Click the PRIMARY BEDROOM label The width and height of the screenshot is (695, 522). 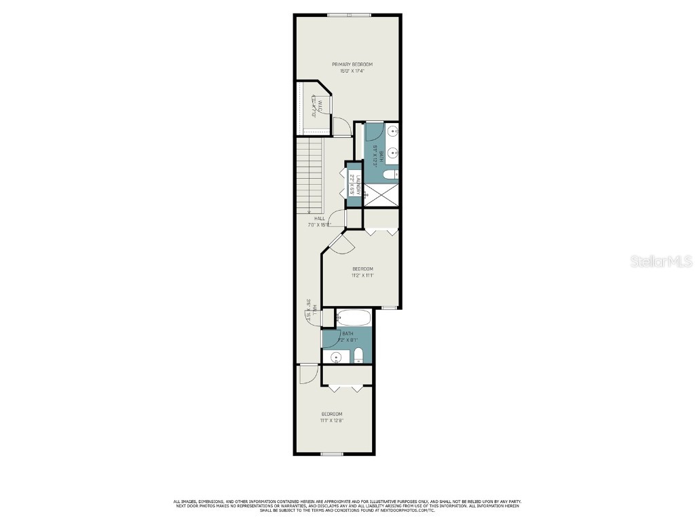[352, 65]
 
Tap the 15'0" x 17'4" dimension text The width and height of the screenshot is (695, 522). [352, 71]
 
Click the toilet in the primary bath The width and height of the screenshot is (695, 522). [390, 175]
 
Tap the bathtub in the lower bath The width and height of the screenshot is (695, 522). [354, 317]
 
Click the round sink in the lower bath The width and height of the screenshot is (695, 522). [335, 356]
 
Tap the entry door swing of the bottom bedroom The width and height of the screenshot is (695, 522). [307, 374]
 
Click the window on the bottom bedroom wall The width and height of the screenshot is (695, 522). [331, 453]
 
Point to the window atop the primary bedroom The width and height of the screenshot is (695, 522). [349, 15]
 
